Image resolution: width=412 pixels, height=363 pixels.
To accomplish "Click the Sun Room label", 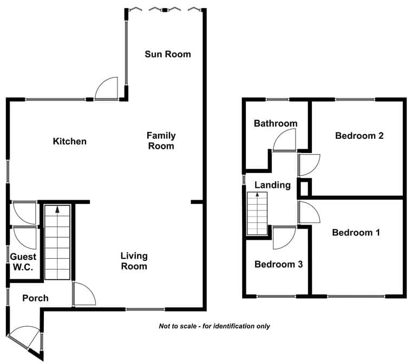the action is click(x=168, y=54).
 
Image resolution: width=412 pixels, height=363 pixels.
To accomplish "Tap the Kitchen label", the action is click(x=70, y=141).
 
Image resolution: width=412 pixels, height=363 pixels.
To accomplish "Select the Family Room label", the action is click(x=161, y=141).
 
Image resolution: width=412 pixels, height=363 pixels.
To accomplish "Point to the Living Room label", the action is click(x=134, y=261).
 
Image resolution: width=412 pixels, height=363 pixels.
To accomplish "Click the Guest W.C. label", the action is click(x=23, y=262).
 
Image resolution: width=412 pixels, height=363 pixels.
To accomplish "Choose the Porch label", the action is click(x=35, y=298).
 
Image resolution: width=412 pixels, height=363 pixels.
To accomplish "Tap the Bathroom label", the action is click(x=276, y=123).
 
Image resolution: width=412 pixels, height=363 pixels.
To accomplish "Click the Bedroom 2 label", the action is click(x=359, y=136).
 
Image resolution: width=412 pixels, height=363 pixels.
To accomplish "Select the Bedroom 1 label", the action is click(x=356, y=232).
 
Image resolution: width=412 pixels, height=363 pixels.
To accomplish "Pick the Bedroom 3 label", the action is click(x=278, y=264).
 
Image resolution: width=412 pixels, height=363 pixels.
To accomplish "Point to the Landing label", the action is click(x=272, y=185).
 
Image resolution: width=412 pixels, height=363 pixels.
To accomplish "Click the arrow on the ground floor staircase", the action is click(x=57, y=209).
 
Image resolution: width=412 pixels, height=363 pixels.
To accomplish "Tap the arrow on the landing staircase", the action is click(x=257, y=195).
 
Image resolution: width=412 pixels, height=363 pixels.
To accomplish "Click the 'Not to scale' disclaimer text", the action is click(x=214, y=326).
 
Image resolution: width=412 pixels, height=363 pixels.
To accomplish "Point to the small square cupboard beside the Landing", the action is click(x=304, y=188).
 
